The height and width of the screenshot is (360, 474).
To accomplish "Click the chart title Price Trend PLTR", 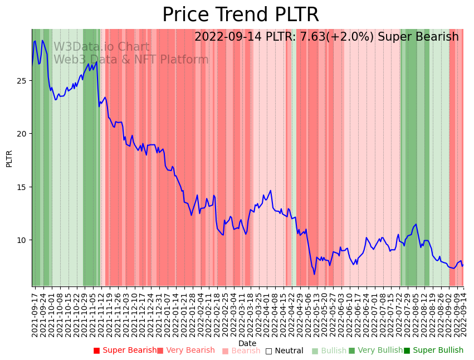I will (240, 15).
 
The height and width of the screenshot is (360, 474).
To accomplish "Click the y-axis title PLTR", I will (9, 158).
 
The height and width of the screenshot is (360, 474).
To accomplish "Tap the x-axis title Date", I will (247, 343).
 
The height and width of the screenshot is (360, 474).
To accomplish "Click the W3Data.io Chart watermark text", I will (101, 47).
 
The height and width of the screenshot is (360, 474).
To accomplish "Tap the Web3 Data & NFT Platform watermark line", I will (131, 60).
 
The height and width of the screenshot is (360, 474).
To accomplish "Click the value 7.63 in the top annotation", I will (312, 37).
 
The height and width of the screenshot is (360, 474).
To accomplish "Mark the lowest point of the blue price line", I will (314, 274).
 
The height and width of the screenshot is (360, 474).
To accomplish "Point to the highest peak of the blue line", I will (35, 41).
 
